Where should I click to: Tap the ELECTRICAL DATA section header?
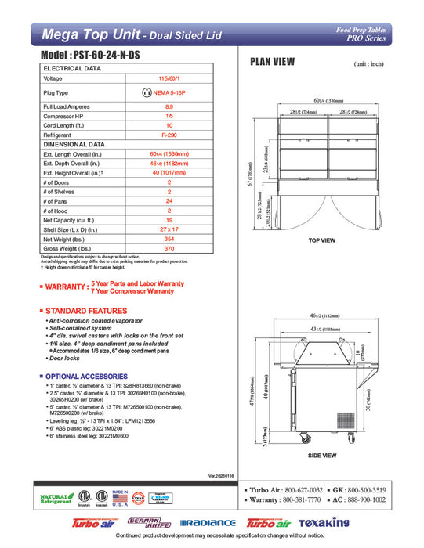71,68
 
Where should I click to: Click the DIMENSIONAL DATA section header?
74,144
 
